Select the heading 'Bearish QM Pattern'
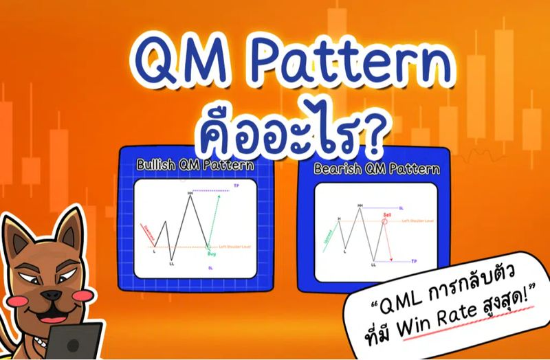coord(375,168)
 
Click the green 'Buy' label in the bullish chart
coord(210,254)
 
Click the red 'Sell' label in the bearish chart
coord(387,215)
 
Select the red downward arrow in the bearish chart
coord(390,244)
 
